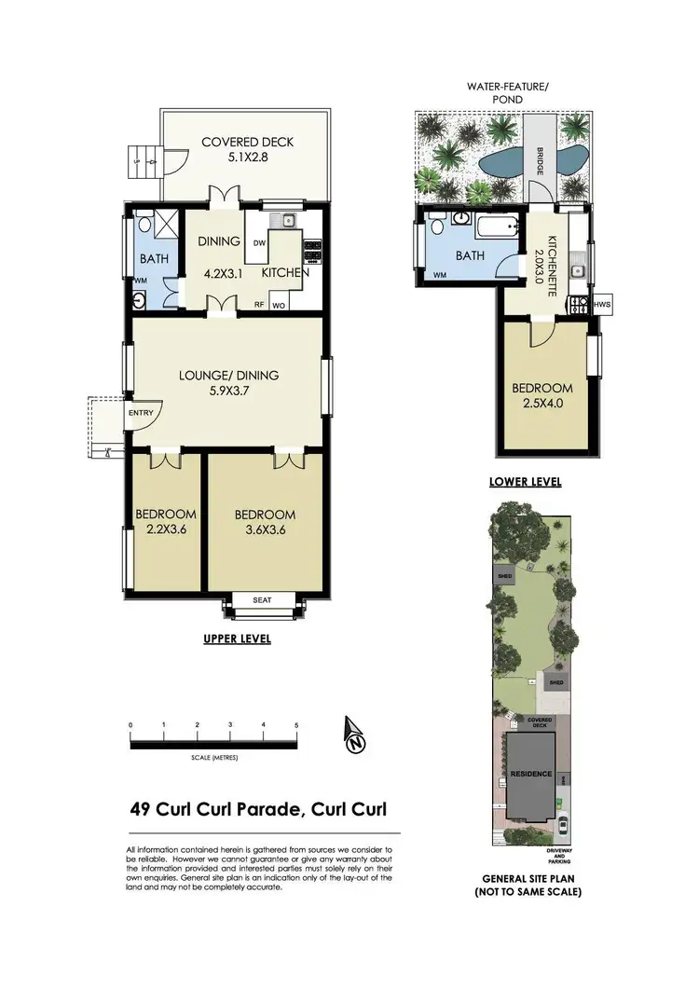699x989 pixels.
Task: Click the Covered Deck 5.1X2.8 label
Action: coord(248,150)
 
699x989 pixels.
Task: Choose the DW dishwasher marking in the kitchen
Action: coord(260,242)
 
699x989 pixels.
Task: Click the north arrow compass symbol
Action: coord(354,735)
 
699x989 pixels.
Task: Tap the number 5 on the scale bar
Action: coord(296,724)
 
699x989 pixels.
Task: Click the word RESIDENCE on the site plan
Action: coord(529,774)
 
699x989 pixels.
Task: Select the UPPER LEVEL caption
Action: coord(238,639)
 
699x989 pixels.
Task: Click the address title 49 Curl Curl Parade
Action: coord(258,810)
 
